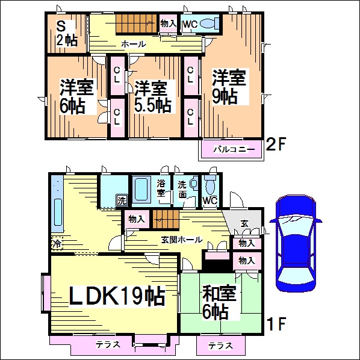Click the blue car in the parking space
296,243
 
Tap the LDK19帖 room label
117,296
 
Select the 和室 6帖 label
219,302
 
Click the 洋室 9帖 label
229,87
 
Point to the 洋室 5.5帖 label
152,96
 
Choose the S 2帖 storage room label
67,34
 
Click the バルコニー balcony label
234,149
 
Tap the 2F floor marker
275,144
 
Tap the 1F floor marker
277,323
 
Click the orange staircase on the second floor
136,23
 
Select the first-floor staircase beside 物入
166,219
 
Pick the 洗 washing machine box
122,200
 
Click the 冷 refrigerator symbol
57,243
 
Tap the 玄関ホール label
181,240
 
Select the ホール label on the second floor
134,44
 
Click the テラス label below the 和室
220,346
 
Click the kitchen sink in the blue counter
58,213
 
